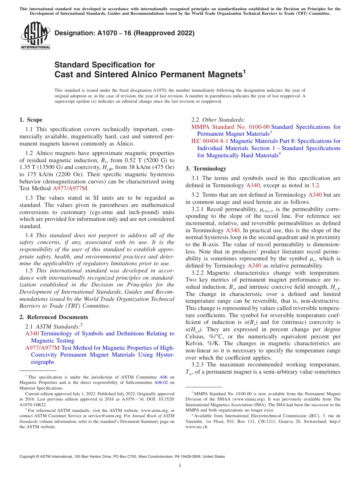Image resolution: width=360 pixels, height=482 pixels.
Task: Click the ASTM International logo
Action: pos(35,36)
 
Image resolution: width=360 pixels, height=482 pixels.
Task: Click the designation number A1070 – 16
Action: pos(99,33)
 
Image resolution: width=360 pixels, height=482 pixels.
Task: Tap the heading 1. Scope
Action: pos(31,120)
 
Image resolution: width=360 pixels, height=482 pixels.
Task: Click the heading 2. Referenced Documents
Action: pos(53,317)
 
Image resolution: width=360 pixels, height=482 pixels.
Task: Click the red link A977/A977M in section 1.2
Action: pos(70,188)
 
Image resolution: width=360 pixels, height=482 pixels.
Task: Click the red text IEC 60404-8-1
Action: pos(210,141)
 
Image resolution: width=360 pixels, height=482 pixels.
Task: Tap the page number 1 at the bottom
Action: pos(180,466)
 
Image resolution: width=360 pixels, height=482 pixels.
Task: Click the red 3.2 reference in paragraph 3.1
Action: pos(316,185)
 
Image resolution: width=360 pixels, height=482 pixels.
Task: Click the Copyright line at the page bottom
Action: pos(122,457)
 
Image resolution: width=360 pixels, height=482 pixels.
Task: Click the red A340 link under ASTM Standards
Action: pos(32,333)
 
